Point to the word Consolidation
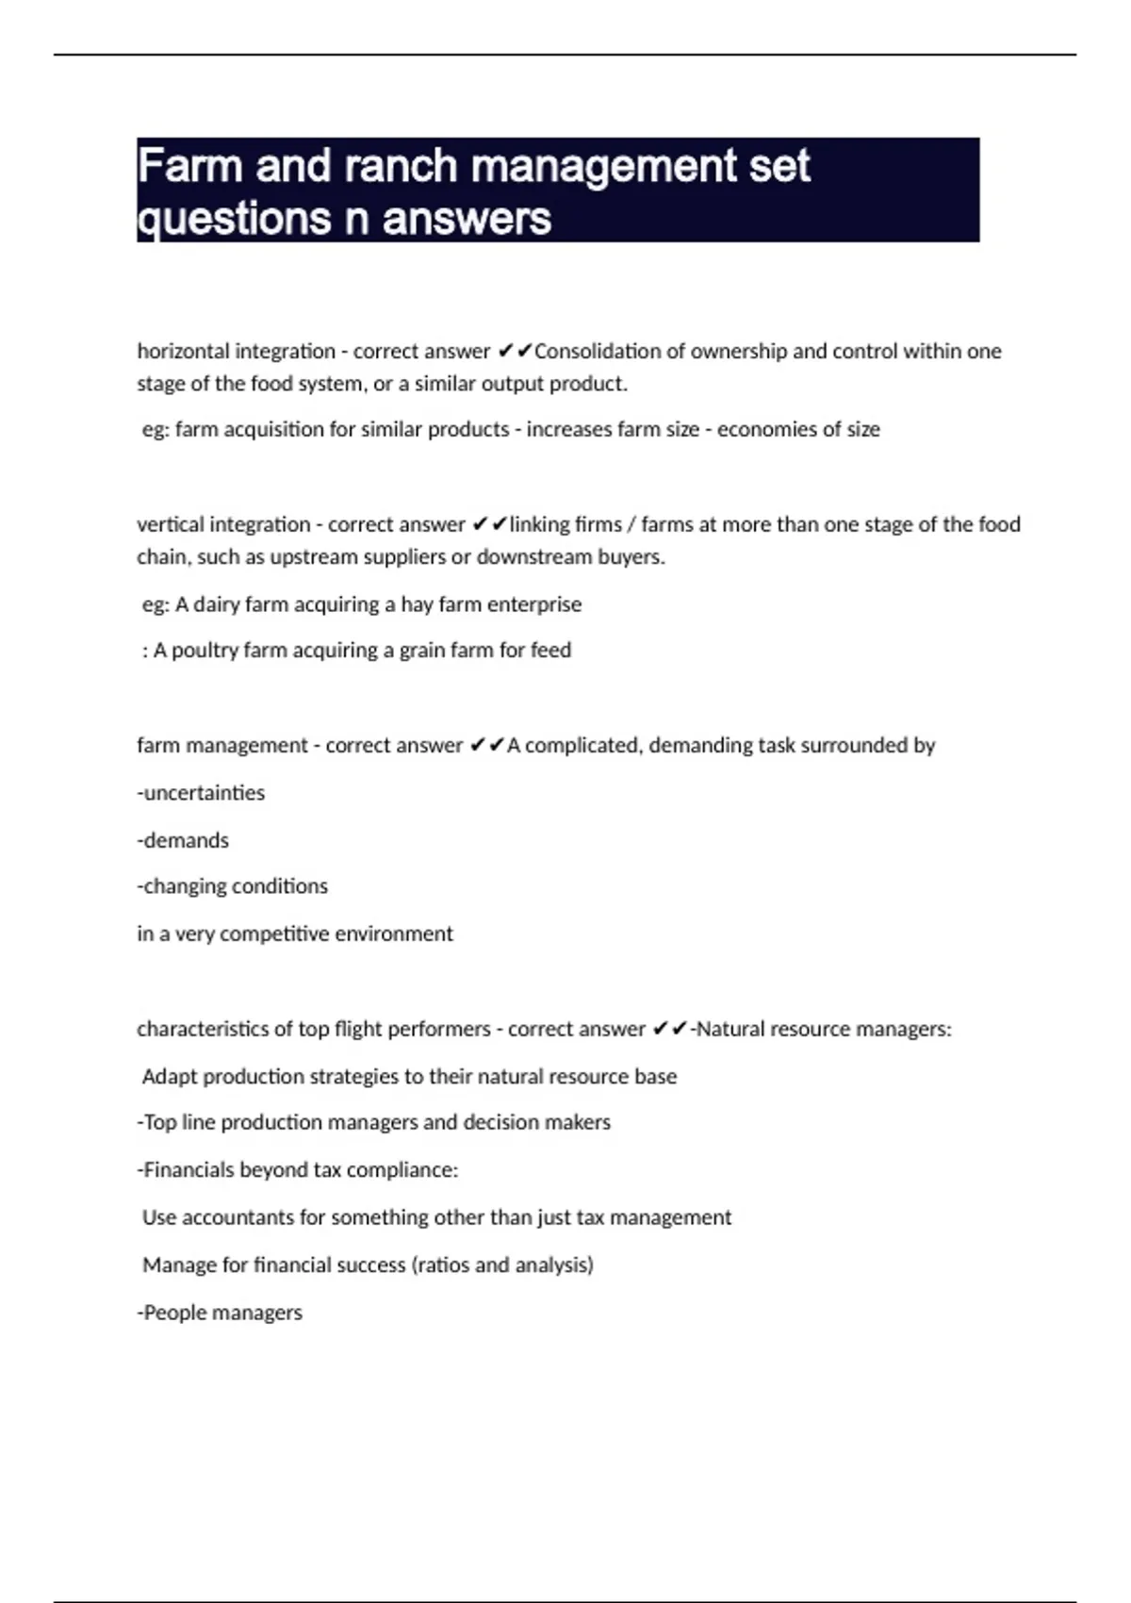pos(598,352)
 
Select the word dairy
pos(217,604)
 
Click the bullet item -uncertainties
pos(201,793)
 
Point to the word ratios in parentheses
pos(442,1265)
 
